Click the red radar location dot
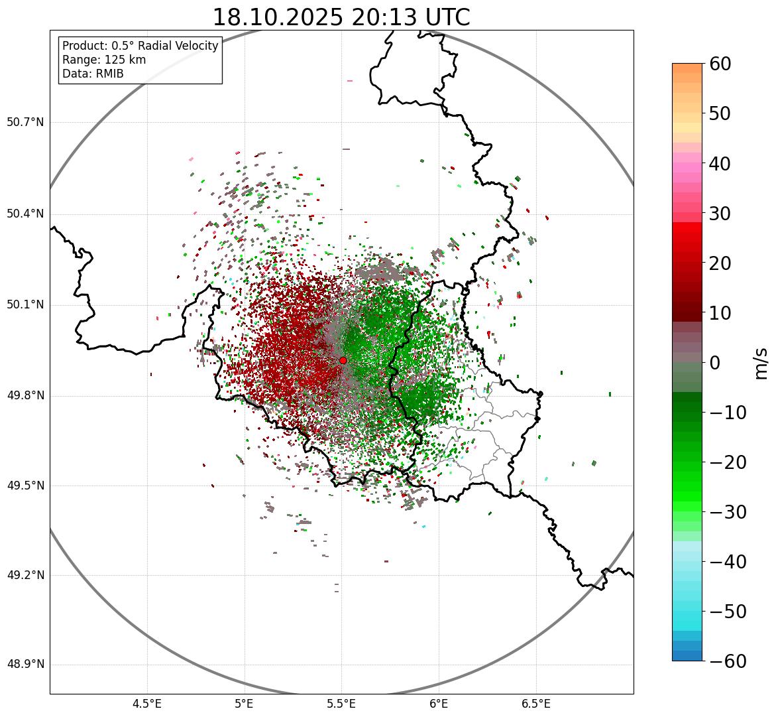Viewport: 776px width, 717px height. [x=343, y=360]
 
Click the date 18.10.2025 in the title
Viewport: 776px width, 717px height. [x=278, y=17]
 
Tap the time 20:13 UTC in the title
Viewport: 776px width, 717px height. [x=411, y=17]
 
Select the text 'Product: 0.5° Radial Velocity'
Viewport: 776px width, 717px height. [x=140, y=46]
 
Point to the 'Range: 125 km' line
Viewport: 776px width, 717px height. [x=104, y=60]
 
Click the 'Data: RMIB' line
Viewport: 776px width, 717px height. [x=93, y=74]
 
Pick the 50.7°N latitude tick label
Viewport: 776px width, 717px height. [x=25, y=123]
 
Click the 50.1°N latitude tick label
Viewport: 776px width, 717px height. [x=25, y=305]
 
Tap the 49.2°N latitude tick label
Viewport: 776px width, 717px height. [x=25, y=575]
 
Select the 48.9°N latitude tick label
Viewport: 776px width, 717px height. [x=25, y=665]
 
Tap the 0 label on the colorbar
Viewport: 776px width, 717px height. [x=715, y=363]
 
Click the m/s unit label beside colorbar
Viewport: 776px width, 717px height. [x=761, y=363]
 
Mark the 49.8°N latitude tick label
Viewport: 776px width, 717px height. [x=25, y=396]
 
